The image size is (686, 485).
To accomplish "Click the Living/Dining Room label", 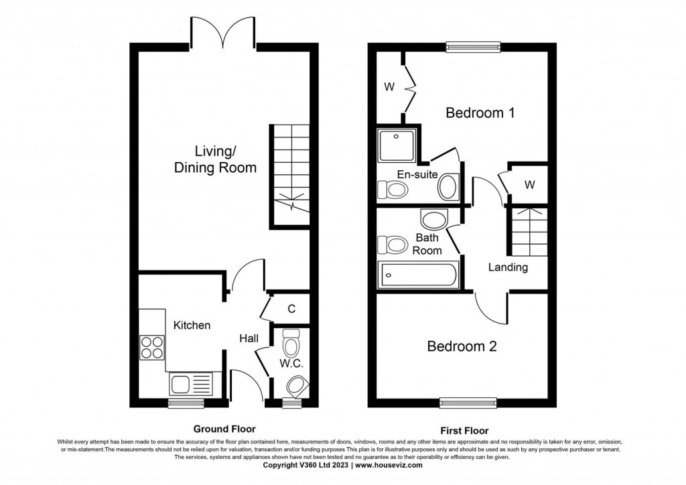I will (x=215, y=159).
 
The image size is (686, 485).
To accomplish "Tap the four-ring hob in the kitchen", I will (x=151, y=347).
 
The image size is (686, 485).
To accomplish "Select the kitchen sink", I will (x=190, y=385).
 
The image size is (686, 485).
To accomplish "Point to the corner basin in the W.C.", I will (x=296, y=387).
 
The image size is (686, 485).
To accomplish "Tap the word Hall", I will (x=249, y=339).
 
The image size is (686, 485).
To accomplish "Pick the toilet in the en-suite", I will (x=393, y=191).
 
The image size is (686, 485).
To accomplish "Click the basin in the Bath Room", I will (x=435, y=219).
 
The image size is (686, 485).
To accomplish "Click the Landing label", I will (x=507, y=267).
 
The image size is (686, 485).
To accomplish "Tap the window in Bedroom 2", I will (x=468, y=403).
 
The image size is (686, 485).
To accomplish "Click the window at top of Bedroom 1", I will (x=473, y=46).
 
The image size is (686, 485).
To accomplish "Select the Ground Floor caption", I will (x=224, y=429).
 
